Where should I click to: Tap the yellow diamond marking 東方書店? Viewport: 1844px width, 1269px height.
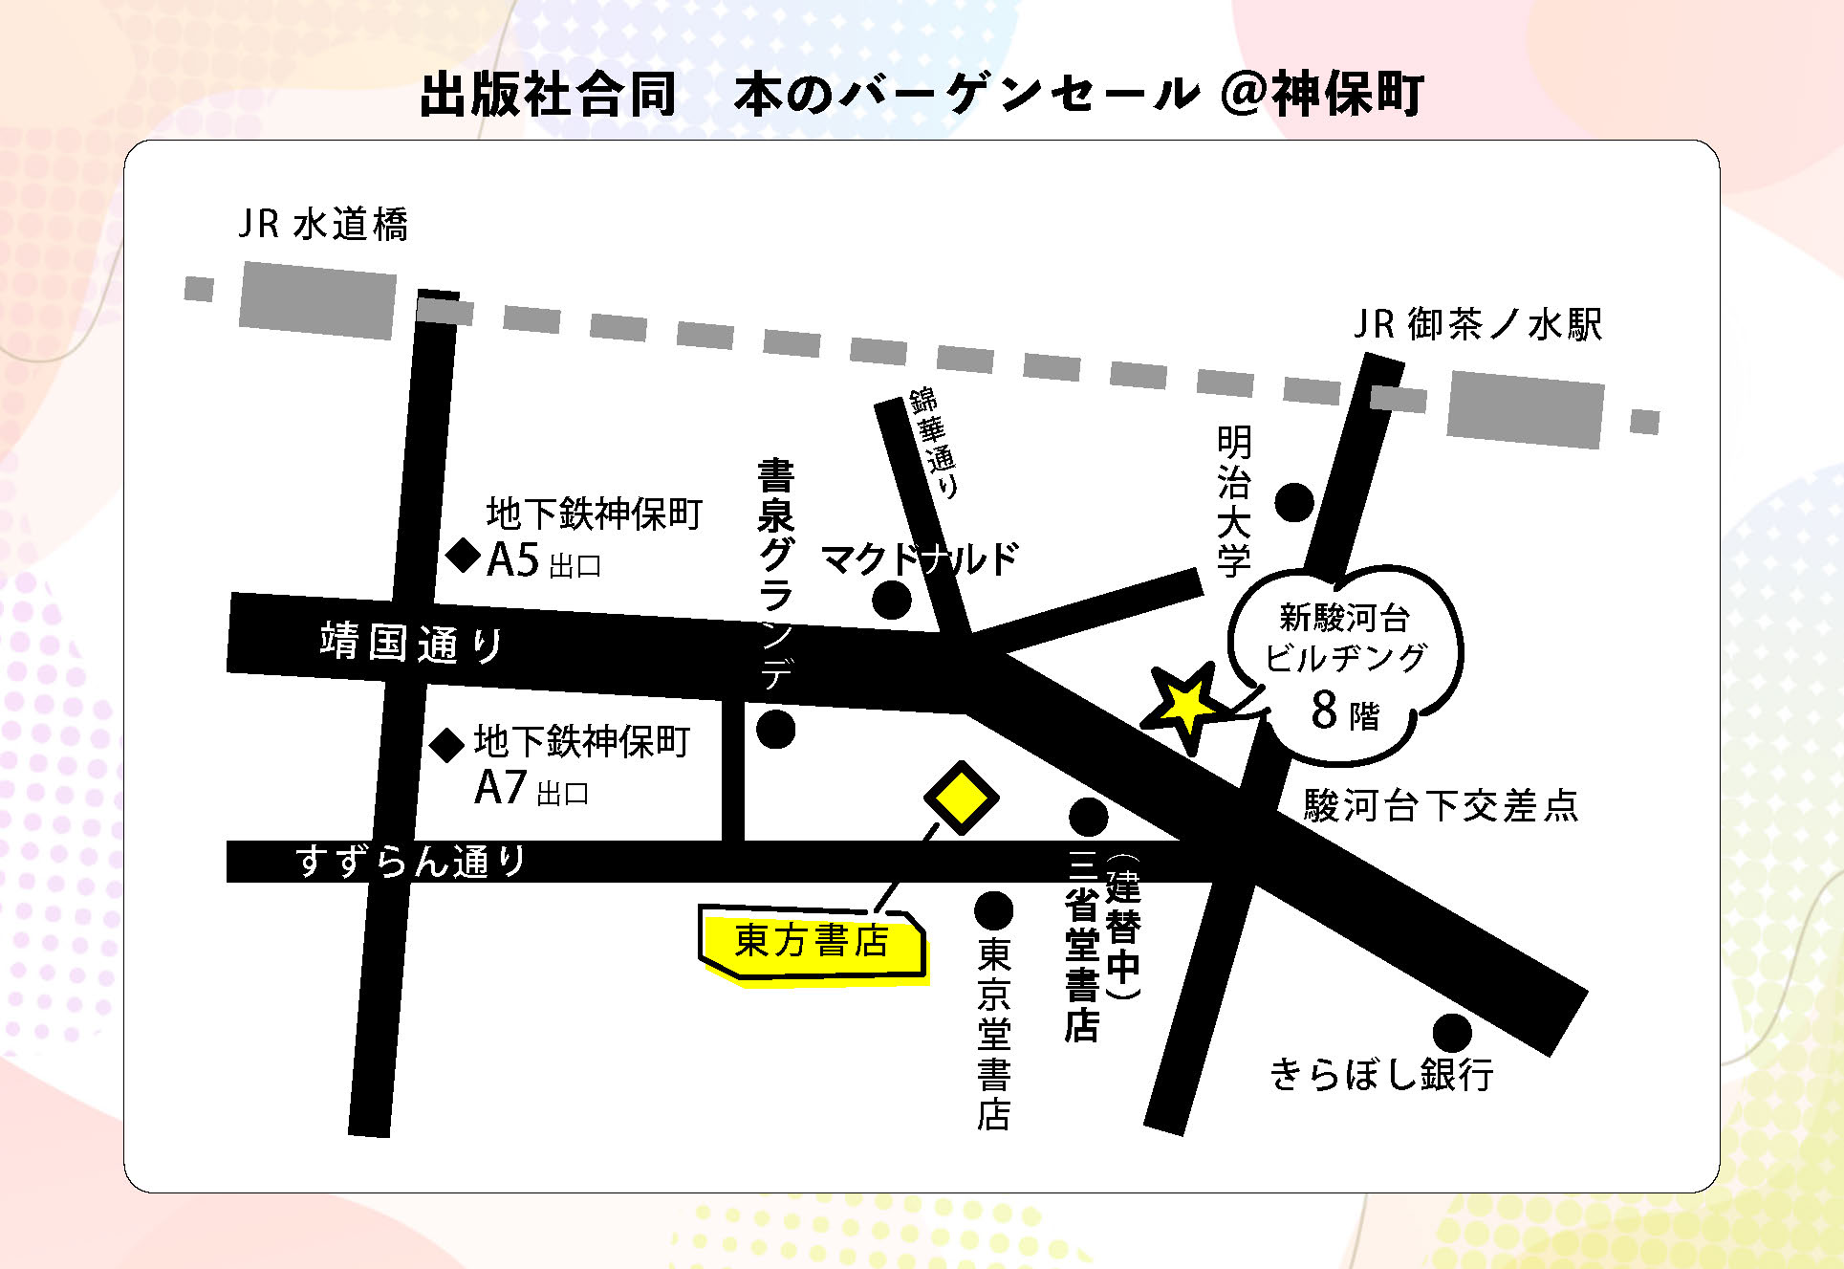961,798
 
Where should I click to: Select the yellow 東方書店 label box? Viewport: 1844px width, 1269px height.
813,942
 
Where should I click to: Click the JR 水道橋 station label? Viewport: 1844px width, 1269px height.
323,225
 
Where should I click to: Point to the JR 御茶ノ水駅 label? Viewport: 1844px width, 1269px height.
1478,325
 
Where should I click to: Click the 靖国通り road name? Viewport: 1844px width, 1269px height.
411,643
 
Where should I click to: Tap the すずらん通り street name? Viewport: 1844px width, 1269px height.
411,862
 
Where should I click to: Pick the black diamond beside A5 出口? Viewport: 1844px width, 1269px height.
465,556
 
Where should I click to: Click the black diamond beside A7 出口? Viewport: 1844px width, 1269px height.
446,745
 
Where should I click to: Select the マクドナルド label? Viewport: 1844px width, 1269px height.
920,558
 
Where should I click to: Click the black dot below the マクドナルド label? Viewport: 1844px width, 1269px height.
892,601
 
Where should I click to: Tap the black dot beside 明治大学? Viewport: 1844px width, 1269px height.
1294,502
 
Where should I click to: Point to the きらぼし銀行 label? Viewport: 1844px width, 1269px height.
1381,1075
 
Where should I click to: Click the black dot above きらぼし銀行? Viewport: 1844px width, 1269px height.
1452,1033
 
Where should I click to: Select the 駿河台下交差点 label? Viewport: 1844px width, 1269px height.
1441,806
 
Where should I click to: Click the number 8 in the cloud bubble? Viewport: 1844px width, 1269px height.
1324,711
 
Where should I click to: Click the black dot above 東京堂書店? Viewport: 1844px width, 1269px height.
993,911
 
